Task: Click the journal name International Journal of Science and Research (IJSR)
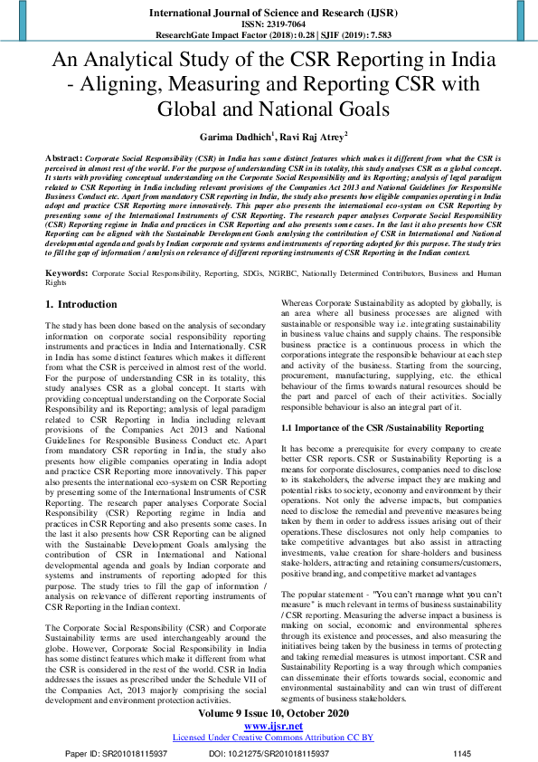269,14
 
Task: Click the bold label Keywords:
67,271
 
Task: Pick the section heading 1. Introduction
81,303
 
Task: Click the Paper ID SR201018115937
118,752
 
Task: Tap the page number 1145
462,752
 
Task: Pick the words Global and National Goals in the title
269,109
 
